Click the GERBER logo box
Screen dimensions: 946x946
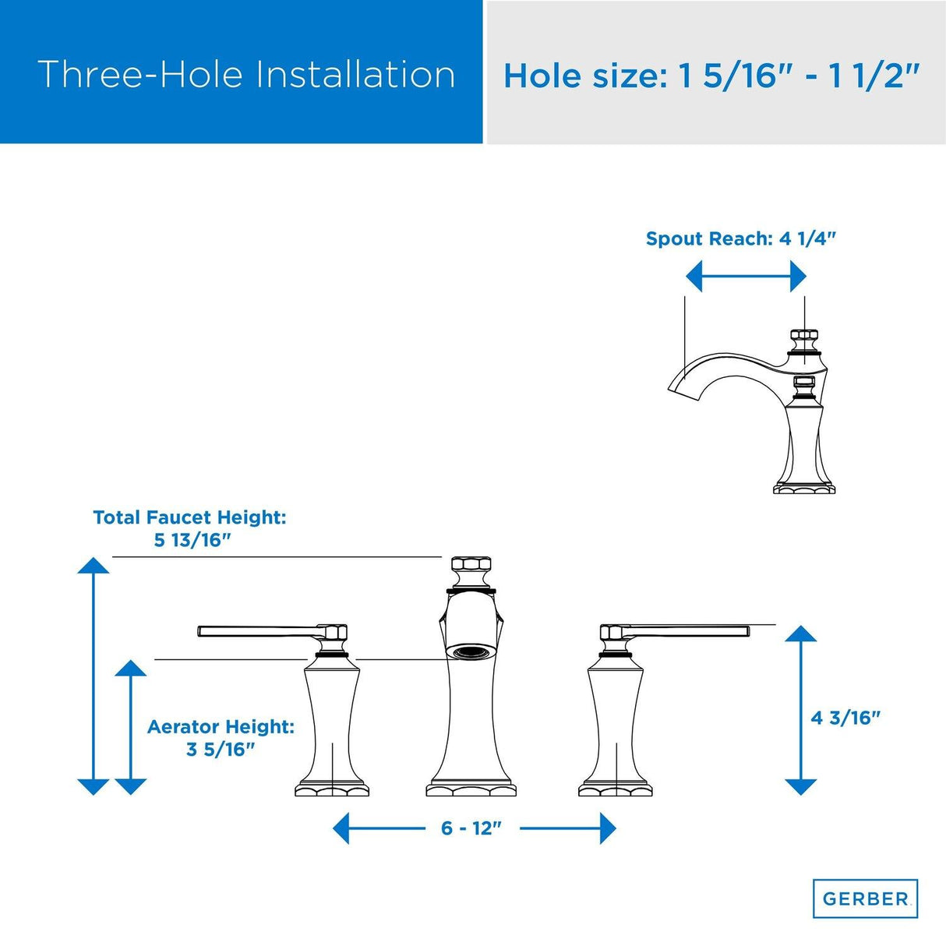(x=865, y=898)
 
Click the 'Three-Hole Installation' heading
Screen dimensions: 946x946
(x=246, y=75)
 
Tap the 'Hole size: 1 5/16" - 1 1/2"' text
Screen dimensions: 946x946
(x=711, y=76)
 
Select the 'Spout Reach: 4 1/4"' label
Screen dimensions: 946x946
(x=740, y=238)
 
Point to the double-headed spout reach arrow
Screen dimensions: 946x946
(x=746, y=276)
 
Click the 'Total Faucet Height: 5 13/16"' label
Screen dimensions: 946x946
(x=190, y=529)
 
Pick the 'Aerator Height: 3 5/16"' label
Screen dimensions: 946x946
(x=221, y=738)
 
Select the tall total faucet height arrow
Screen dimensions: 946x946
(x=94, y=676)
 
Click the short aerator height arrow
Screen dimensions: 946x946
(x=131, y=727)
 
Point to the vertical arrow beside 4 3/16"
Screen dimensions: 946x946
(x=801, y=711)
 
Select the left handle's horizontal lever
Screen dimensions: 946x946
(x=260, y=631)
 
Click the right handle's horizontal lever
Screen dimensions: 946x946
(x=687, y=630)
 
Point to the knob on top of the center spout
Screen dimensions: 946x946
(x=471, y=570)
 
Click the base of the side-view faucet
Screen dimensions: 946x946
(x=804, y=489)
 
